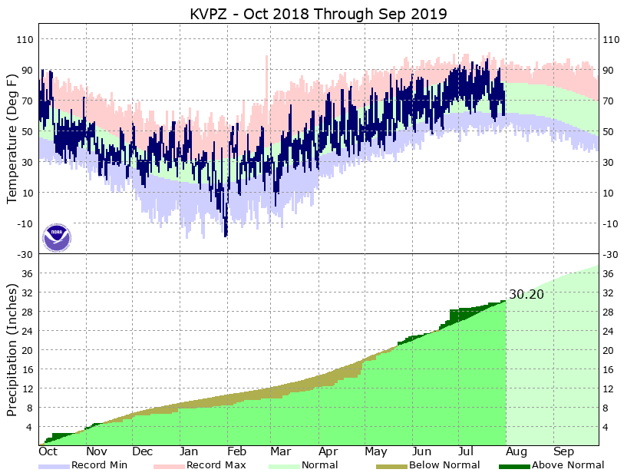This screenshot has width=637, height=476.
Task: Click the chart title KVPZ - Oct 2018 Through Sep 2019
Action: tap(318, 14)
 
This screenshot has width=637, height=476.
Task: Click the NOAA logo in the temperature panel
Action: tap(56, 237)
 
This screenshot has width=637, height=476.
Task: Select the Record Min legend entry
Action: tap(99, 465)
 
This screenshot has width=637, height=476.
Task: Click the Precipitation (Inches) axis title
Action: tap(12, 349)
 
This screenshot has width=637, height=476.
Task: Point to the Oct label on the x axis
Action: tap(48, 452)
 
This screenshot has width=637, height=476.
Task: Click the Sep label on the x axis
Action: tap(564, 452)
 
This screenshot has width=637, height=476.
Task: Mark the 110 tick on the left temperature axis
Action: tap(25, 39)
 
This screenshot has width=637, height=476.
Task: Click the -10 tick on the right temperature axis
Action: tap(612, 223)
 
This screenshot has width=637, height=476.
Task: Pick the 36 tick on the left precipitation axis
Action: tap(28, 274)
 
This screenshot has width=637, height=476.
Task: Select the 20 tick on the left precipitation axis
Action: tap(28, 350)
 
